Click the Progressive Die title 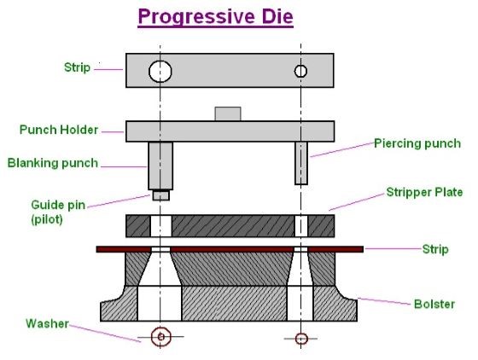pyautogui.click(x=215, y=17)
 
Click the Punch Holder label pyautogui.click(x=59, y=130)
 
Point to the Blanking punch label pyautogui.click(x=53, y=163)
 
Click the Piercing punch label pyautogui.click(x=417, y=143)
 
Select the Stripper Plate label pyautogui.click(x=424, y=192)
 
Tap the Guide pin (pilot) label pyautogui.click(x=58, y=212)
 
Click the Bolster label pyautogui.click(x=434, y=304)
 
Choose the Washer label pyautogui.click(x=47, y=323)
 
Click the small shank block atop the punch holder pyautogui.click(x=228, y=114)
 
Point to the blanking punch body pyautogui.click(x=160, y=165)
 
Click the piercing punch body pyautogui.click(x=301, y=163)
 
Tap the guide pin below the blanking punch pyautogui.click(x=161, y=195)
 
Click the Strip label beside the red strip pyautogui.click(x=435, y=249)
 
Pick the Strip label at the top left pyautogui.click(x=77, y=67)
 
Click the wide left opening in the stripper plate pyautogui.click(x=161, y=226)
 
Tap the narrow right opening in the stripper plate pyautogui.click(x=301, y=226)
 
